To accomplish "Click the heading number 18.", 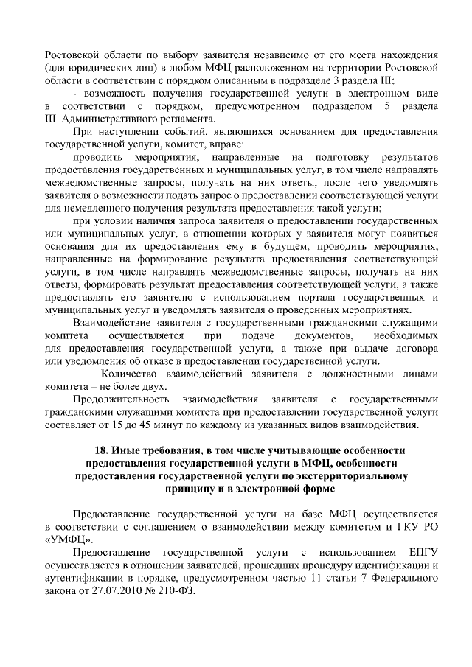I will pyautogui.click(x=102, y=450).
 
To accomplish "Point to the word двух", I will pyautogui.click(x=151, y=386).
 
